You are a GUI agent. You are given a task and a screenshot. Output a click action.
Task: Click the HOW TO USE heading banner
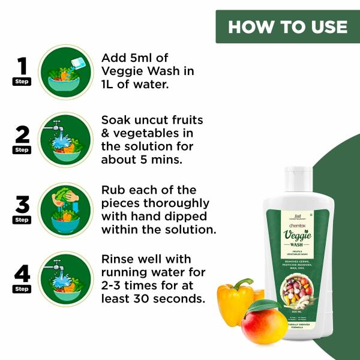point(287,27)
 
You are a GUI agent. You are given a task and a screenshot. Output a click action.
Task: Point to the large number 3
point(22,204)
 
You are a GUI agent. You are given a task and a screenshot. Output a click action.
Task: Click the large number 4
point(22,274)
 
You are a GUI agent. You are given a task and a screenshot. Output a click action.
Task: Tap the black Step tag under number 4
point(22,289)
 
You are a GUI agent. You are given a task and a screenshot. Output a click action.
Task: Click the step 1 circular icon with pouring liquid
point(65,71)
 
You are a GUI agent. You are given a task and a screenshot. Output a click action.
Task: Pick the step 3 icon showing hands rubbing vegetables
point(65,210)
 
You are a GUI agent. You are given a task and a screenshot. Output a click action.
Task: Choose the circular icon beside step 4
point(65,279)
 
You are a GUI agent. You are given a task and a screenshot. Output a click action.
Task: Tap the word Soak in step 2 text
point(118,119)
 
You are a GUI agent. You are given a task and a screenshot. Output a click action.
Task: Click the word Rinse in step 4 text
point(120,259)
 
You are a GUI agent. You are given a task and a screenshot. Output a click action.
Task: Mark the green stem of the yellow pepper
point(244,282)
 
